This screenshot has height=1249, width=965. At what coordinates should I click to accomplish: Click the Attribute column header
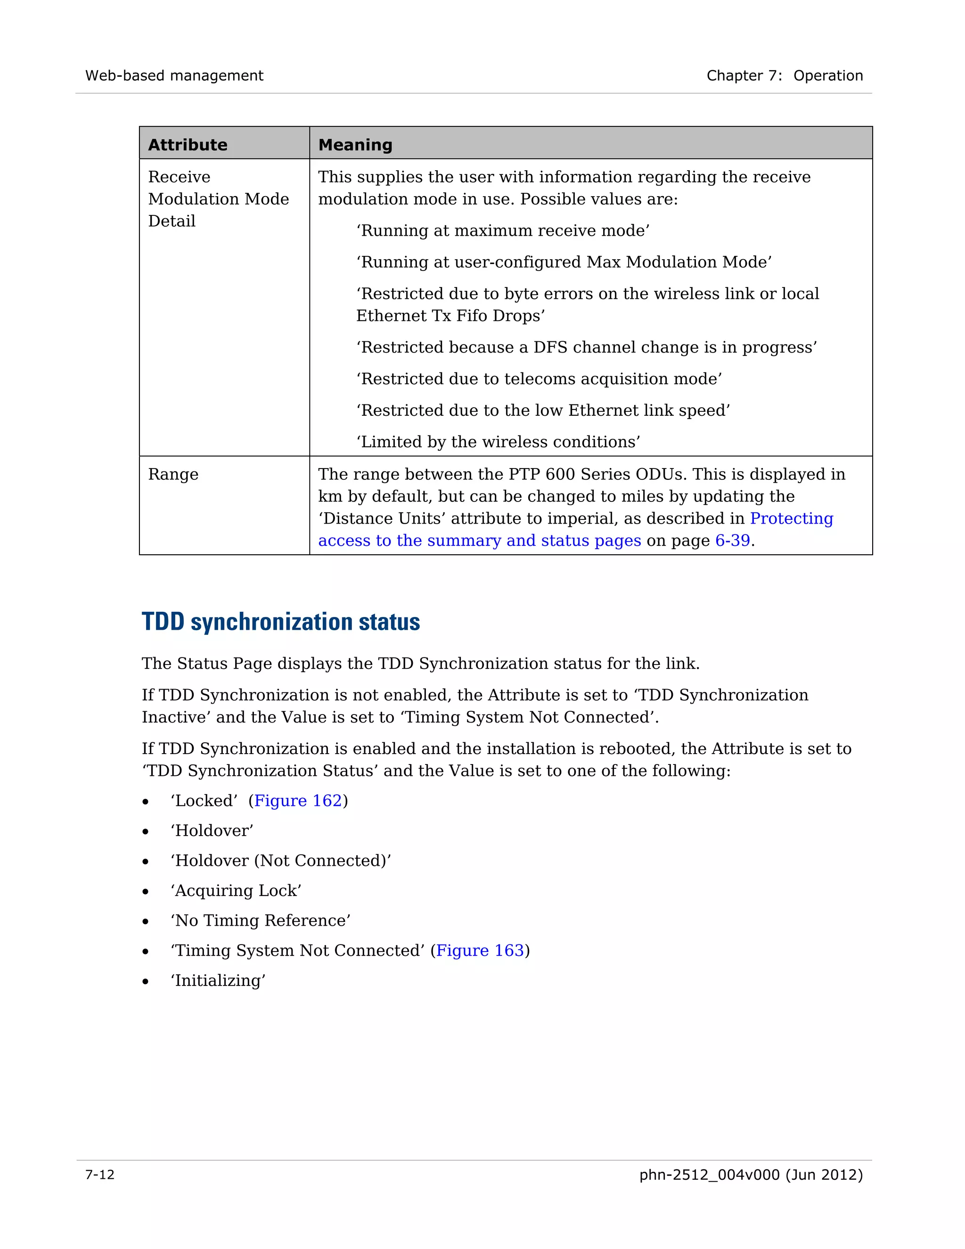coord(188,145)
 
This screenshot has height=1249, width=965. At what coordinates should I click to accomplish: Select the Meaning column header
coord(355,145)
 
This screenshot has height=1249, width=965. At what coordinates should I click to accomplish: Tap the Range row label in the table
coord(173,474)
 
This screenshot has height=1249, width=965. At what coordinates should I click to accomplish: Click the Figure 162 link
coord(298,801)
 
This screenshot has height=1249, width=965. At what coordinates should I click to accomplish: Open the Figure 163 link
coord(480,951)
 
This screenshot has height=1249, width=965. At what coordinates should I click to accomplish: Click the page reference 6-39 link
coord(732,541)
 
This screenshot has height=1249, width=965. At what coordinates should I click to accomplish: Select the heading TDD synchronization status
coord(281,622)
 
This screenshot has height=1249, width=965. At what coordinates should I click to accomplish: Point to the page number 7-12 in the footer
coord(100,1175)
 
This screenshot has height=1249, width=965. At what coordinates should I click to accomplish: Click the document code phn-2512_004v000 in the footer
coord(709,1175)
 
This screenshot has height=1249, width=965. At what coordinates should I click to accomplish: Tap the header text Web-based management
coord(174,75)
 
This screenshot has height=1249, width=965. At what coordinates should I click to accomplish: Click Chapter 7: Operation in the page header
coord(785,75)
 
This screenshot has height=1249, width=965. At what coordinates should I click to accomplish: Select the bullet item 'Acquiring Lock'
coord(236,890)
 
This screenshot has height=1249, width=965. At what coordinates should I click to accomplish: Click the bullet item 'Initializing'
coord(218,980)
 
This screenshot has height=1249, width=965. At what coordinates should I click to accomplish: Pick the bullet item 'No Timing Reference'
coord(260,920)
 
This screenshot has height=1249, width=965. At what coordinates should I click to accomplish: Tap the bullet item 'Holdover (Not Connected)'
coord(281,861)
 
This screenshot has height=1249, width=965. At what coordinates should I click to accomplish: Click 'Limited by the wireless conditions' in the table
coord(498,442)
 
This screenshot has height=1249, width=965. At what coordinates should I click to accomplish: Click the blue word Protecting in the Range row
coord(791,518)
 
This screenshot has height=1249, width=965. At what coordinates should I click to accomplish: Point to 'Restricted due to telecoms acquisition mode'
coord(539,378)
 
